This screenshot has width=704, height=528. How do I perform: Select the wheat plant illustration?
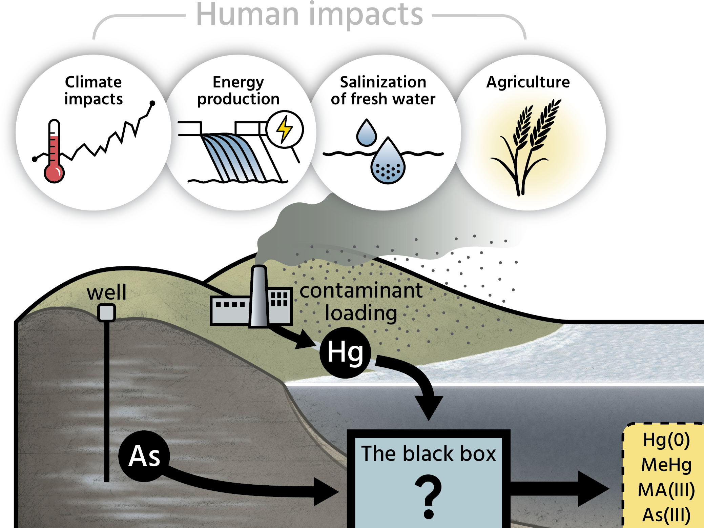pyautogui.click(x=527, y=146)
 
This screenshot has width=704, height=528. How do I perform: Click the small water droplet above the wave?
pyautogui.click(x=366, y=133)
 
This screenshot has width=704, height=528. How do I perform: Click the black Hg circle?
pyautogui.click(x=345, y=352)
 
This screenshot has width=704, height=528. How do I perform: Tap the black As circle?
pyautogui.click(x=144, y=456)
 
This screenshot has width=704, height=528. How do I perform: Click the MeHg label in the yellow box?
pyautogui.click(x=666, y=465)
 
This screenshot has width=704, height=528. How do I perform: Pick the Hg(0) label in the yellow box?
pyautogui.click(x=666, y=440)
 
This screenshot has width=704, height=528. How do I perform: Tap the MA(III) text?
pyautogui.click(x=666, y=490)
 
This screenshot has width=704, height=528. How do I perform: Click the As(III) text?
pyautogui.click(x=666, y=515)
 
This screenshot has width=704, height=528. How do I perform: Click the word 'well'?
pyautogui.click(x=106, y=292)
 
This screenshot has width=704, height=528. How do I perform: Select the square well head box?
pyautogui.click(x=106, y=312)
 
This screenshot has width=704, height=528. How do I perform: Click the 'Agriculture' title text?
pyautogui.click(x=528, y=82)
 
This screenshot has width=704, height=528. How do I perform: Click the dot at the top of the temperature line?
pyautogui.click(x=152, y=103)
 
